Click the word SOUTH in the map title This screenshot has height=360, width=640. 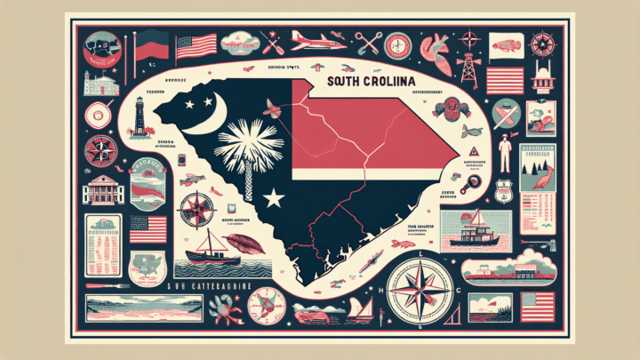coord(348,82)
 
